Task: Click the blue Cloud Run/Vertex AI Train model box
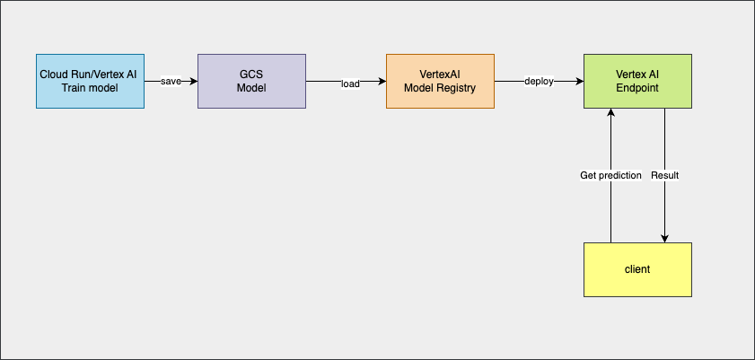[x=90, y=81]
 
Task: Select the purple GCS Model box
[x=251, y=81]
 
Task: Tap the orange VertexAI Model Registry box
[x=440, y=81]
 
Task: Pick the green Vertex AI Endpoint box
[x=637, y=81]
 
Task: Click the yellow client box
[x=637, y=269]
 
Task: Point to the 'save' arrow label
[x=171, y=82]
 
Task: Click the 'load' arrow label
[x=350, y=84]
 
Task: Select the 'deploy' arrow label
[x=539, y=82]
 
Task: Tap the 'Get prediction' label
[x=610, y=175]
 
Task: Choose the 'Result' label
[x=664, y=175]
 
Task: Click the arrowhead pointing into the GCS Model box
[x=193, y=81]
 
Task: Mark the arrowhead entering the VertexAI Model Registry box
[x=382, y=81]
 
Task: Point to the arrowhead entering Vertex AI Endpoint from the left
[x=579, y=81]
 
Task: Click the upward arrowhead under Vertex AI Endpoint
[x=610, y=112]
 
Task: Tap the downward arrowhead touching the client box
[x=664, y=238]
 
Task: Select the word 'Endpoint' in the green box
[x=637, y=87]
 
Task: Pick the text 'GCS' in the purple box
[x=251, y=74]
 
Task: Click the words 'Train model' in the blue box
[x=90, y=87]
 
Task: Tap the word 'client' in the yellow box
[x=637, y=269]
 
